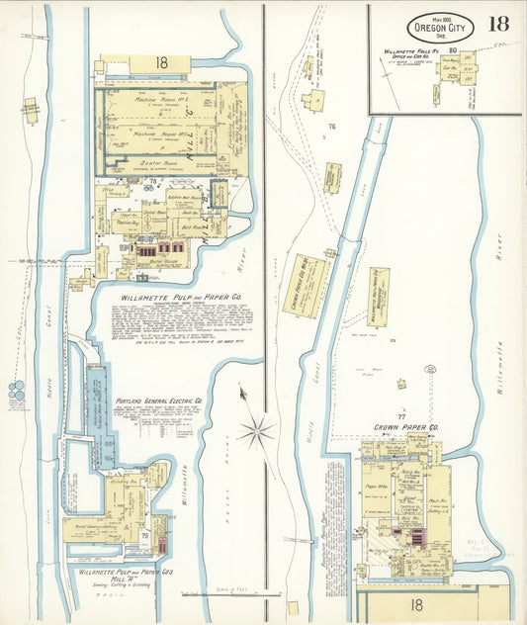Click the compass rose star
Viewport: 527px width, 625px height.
coord(256,430)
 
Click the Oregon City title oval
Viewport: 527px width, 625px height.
coord(440,27)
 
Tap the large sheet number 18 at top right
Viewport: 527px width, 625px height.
coord(498,24)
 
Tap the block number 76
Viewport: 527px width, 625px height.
coord(332,127)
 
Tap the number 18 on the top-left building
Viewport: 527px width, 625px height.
coord(161,62)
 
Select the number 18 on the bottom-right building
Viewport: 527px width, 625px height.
coord(416,602)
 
